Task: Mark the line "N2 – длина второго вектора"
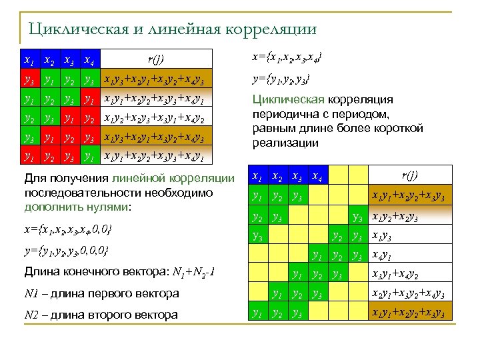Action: [101, 314]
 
